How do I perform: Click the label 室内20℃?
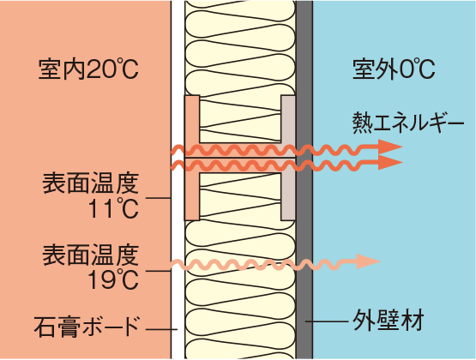(x=88, y=69)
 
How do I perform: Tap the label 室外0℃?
(x=394, y=69)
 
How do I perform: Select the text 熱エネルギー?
(x=408, y=123)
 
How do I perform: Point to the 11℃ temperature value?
(x=113, y=208)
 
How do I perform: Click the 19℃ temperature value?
(x=113, y=279)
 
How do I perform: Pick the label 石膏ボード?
(x=87, y=327)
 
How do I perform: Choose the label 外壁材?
(x=389, y=321)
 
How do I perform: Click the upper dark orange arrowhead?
(x=390, y=147)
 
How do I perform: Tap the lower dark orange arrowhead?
(x=390, y=162)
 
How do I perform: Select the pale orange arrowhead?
(x=368, y=261)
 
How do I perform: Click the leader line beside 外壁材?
(x=327, y=321)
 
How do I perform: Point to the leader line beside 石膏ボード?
(x=161, y=329)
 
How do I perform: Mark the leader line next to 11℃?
(x=159, y=198)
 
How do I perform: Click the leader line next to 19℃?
(x=159, y=271)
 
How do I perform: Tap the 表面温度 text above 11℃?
(x=90, y=183)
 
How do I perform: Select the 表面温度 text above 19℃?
(x=90, y=255)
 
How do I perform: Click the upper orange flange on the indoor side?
(x=192, y=119)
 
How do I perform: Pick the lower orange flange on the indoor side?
(x=192, y=196)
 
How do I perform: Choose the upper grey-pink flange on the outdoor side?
(x=288, y=119)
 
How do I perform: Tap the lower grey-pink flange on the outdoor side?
(x=288, y=196)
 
